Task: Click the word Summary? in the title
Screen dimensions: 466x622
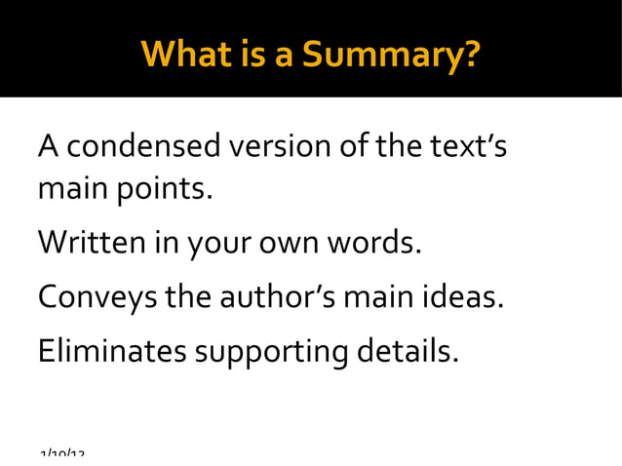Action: click(x=391, y=55)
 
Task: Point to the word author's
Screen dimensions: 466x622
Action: click(x=273, y=294)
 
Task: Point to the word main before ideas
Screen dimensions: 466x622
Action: click(x=381, y=294)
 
